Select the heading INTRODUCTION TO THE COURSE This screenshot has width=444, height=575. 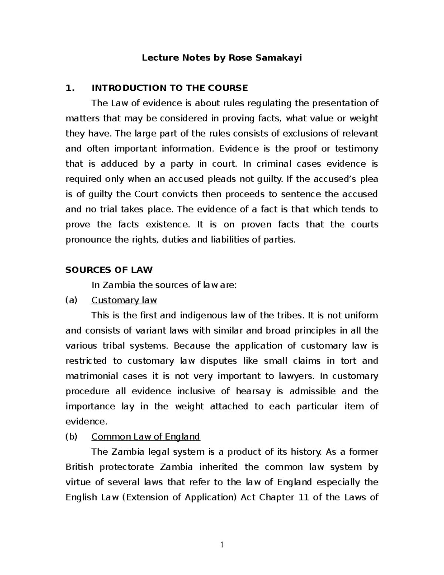click(169, 88)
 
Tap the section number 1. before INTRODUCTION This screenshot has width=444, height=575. click(70, 88)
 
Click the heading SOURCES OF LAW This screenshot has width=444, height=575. click(109, 270)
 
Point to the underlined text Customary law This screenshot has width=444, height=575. click(124, 300)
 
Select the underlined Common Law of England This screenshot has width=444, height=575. click(145, 437)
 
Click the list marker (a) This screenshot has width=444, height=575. click(71, 300)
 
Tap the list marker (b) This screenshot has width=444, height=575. click(71, 437)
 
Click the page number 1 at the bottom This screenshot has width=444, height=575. click(222, 545)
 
